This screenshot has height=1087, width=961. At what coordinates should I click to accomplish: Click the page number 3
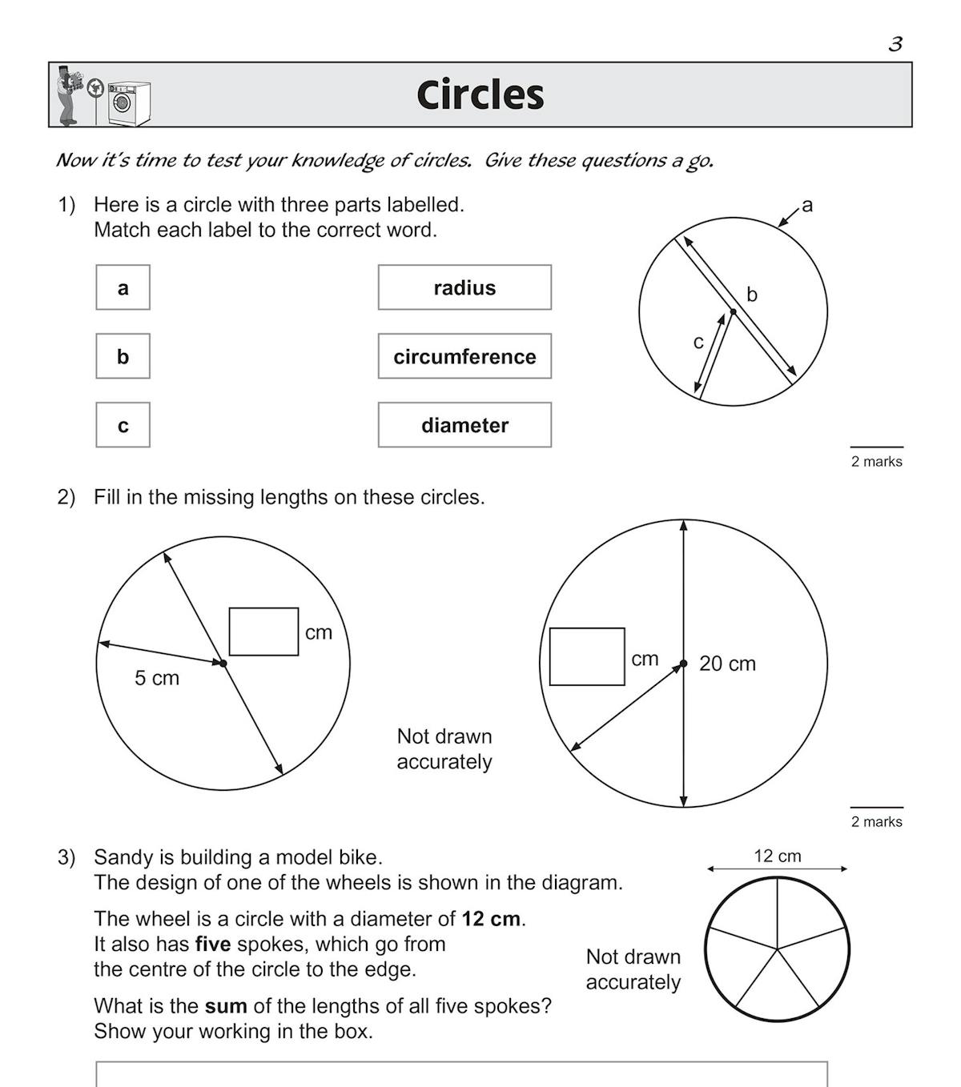[x=895, y=44]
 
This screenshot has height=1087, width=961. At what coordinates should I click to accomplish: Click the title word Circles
[x=480, y=95]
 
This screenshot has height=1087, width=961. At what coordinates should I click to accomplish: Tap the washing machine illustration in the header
[x=129, y=103]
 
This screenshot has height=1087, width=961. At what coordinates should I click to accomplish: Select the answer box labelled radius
[x=464, y=287]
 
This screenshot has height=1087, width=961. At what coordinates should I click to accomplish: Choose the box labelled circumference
[x=464, y=356]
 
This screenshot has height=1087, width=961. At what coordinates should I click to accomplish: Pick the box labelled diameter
[x=464, y=425]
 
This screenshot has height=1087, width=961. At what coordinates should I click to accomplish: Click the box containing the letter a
[x=123, y=287]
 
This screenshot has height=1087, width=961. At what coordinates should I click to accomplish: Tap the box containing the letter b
[x=123, y=356]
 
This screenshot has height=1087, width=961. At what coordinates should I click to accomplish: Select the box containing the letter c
[x=123, y=425]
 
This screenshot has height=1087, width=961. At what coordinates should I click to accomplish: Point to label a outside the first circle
[x=807, y=205]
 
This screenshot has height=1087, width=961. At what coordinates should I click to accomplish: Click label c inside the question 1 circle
[x=698, y=343]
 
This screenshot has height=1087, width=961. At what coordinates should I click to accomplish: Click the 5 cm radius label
[x=157, y=679]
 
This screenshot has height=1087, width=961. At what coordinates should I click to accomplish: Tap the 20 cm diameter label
[x=727, y=664]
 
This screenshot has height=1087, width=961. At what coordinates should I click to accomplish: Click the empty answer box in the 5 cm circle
[x=263, y=632]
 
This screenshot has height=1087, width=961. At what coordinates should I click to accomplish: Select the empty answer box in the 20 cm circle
[x=587, y=656]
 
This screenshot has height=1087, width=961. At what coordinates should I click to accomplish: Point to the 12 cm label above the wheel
[x=777, y=856]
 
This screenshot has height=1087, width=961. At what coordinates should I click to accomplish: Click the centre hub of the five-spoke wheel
[x=777, y=949]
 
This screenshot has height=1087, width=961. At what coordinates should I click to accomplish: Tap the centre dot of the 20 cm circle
[x=683, y=664]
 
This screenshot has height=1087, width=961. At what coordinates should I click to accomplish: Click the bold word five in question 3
[x=213, y=945]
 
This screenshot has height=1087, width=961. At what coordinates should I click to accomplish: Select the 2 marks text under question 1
[x=876, y=462]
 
